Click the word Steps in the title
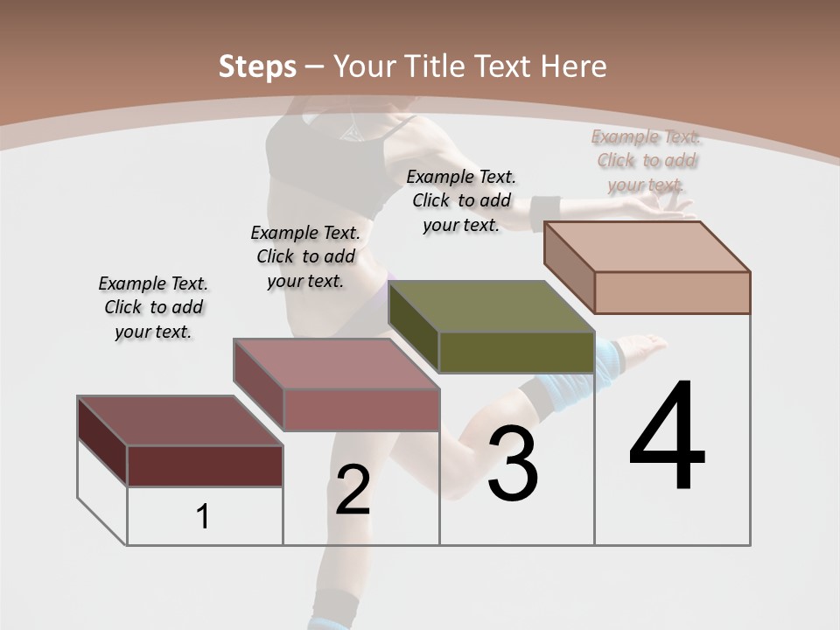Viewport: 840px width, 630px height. (257, 66)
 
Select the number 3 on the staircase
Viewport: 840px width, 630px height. (513, 464)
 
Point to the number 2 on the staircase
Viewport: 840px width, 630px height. (353, 490)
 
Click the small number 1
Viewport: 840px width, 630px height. (203, 516)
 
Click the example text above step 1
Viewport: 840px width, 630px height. (153, 307)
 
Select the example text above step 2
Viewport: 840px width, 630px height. (305, 256)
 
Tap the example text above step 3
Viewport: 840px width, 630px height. (461, 200)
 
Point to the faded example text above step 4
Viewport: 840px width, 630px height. (647, 160)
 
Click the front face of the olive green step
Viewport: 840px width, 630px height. (516, 353)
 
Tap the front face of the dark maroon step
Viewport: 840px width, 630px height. (205, 465)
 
